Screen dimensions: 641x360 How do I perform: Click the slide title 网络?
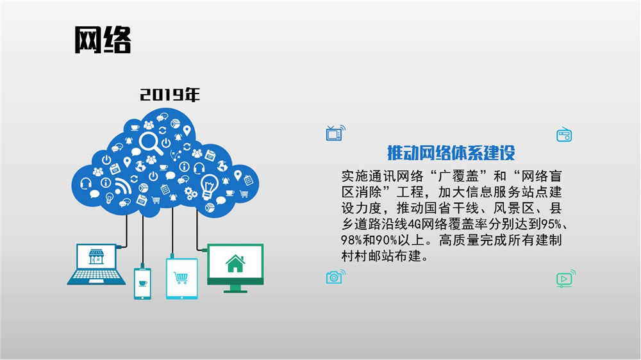pos(103,40)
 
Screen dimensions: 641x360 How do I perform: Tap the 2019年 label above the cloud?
pos(170,94)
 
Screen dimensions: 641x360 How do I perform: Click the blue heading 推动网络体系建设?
pos(451,153)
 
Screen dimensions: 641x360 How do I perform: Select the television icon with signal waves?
pos(336,133)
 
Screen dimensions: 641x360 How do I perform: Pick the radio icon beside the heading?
pos(564,135)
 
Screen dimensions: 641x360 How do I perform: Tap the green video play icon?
pos(566,279)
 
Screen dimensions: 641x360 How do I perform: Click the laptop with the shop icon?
pos(97,264)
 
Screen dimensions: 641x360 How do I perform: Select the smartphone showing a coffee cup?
pos(143,284)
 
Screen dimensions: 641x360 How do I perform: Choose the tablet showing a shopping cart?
pos(181,278)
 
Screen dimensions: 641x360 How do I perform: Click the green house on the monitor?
pos(235,263)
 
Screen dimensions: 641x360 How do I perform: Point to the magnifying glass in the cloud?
pos(151,143)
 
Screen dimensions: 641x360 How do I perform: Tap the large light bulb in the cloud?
pos(209,187)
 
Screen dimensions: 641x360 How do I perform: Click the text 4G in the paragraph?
pos(415,224)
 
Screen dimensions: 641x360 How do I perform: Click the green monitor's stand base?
pos(235,291)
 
